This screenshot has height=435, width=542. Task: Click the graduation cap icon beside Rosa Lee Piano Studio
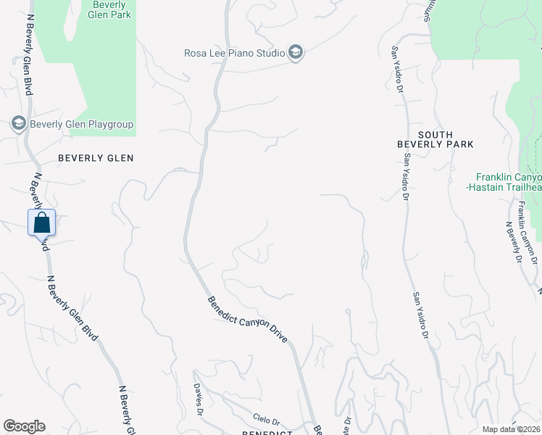pos(295,52)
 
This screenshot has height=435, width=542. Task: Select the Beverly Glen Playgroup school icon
pos(18,124)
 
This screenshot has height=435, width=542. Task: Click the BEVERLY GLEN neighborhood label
pos(96,157)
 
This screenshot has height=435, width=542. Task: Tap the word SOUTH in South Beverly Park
pos(435,135)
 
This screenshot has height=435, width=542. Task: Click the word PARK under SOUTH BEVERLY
pos(457,144)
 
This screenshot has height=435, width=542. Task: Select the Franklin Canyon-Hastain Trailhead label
pos(507,182)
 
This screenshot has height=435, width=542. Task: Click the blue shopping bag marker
pos(41,221)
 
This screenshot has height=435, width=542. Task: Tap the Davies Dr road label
pos(197,400)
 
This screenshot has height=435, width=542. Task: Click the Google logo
pos(24,426)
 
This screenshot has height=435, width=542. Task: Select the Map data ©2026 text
pos(512,429)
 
